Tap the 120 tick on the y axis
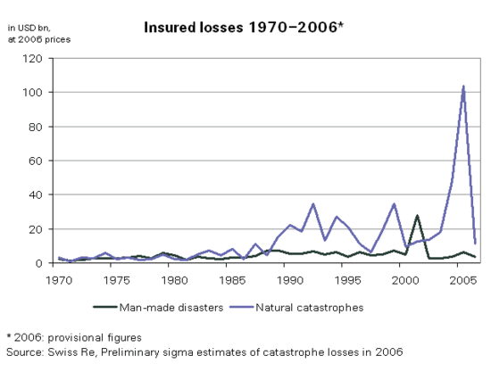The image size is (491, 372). pyautogui.click(x=33, y=59)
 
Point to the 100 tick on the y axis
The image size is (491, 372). pyautogui.click(x=33, y=93)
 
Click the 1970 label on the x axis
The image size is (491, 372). pyautogui.click(x=58, y=279)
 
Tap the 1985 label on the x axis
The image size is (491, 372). pyautogui.click(x=232, y=279)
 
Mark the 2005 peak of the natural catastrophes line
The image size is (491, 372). pyautogui.click(x=462, y=87)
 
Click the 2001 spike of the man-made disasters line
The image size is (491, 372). pyautogui.click(x=417, y=216)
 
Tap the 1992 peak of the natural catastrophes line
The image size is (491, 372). pyautogui.click(x=313, y=204)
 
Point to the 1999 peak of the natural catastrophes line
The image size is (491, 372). pyautogui.click(x=394, y=204)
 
